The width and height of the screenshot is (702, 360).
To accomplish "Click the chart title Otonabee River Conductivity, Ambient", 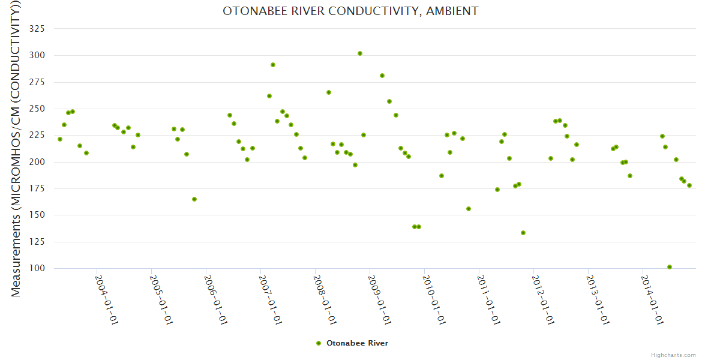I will [x=350, y=11].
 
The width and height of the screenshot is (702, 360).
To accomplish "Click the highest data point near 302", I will [x=360, y=53].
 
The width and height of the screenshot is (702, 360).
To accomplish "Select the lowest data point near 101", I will [x=670, y=267].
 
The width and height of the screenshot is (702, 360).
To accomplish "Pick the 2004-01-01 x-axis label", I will [x=106, y=299].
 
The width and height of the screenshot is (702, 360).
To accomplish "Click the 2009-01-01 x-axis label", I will [x=379, y=299].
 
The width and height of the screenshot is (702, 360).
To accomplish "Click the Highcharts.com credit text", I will [x=673, y=355].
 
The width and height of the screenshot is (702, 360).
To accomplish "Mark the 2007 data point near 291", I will [x=273, y=65].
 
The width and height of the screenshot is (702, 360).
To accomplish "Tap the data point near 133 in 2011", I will [x=523, y=233].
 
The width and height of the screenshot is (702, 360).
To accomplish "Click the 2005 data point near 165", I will [x=194, y=199].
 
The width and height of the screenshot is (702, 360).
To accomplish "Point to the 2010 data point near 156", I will [x=469, y=209].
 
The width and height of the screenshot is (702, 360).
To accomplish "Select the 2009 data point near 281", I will [x=382, y=76].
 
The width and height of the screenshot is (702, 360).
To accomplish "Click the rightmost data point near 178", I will [x=689, y=185].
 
